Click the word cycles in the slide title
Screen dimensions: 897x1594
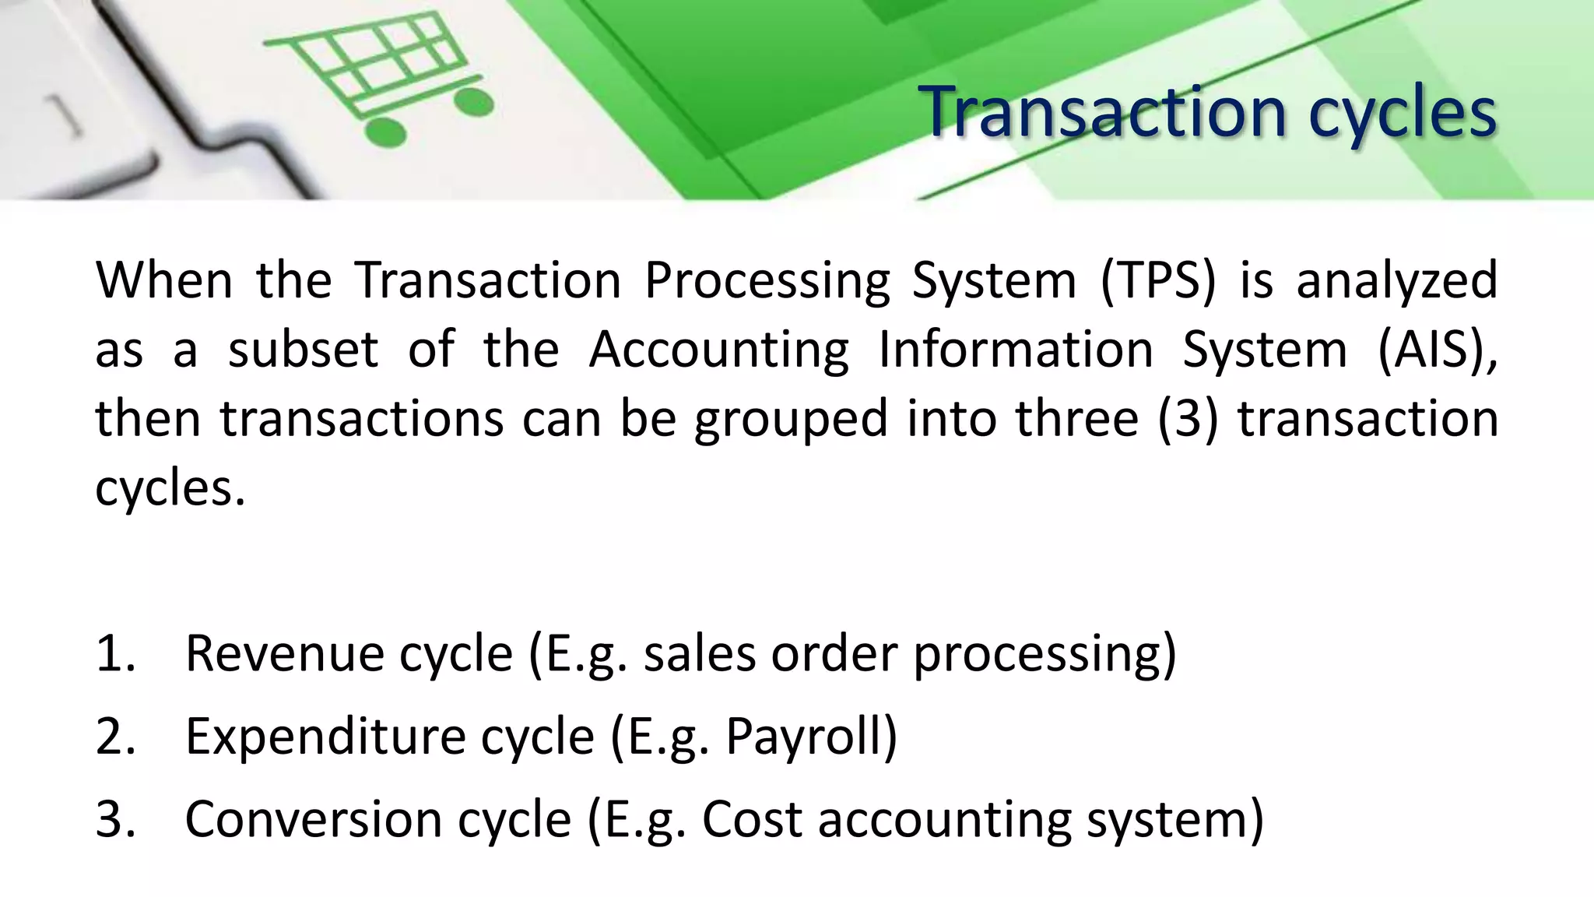[x=1401, y=115]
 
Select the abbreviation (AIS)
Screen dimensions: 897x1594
[x=1437, y=350]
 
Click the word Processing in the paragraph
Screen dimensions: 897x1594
[x=767, y=282]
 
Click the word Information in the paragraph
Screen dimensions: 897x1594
[x=1016, y=350]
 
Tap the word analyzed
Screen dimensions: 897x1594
[x=1397, y=282]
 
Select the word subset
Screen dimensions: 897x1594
[x=303, y=350]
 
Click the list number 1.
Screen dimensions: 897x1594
[x=115, y=654]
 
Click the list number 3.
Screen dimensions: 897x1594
[x=115, y=820]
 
